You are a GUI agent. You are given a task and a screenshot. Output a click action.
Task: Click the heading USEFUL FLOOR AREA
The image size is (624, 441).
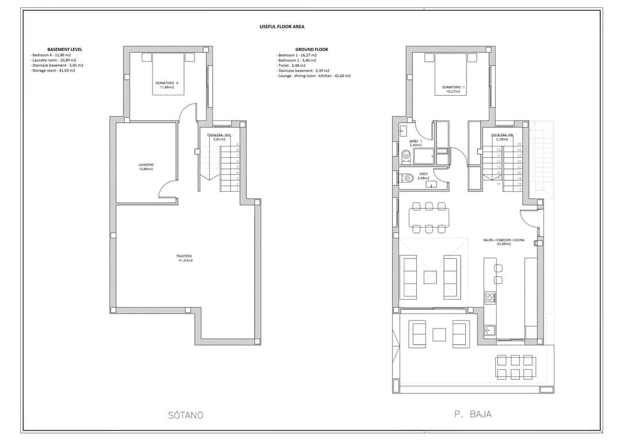[282, 26]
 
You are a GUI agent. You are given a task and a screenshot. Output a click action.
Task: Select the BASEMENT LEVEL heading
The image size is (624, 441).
[64, 49]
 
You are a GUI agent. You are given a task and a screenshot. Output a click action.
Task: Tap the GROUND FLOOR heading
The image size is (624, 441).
[311, 49]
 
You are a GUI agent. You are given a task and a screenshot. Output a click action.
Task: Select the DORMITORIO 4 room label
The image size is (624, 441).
[167, 85]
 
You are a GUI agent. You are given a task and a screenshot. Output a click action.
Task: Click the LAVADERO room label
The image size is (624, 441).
[146, 167]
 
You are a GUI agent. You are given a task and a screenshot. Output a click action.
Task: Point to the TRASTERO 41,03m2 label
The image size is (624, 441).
[185, 258]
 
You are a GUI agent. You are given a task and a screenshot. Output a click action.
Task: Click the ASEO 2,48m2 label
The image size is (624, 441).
[423, 176]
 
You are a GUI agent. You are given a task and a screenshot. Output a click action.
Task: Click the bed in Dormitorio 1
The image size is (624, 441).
[451, 73]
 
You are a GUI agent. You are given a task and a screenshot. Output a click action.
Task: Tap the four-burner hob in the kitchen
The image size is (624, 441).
[490, 297]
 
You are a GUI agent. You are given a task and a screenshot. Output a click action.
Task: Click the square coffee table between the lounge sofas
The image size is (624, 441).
[431, 277]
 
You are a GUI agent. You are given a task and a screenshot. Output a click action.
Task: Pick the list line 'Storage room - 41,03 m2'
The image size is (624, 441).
[53, 71]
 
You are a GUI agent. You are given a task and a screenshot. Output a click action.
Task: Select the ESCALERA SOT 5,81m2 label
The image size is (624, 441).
[219, 137]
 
